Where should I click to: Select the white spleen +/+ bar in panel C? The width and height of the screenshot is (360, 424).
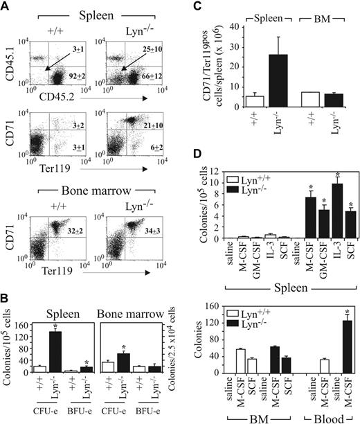[235, 102]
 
